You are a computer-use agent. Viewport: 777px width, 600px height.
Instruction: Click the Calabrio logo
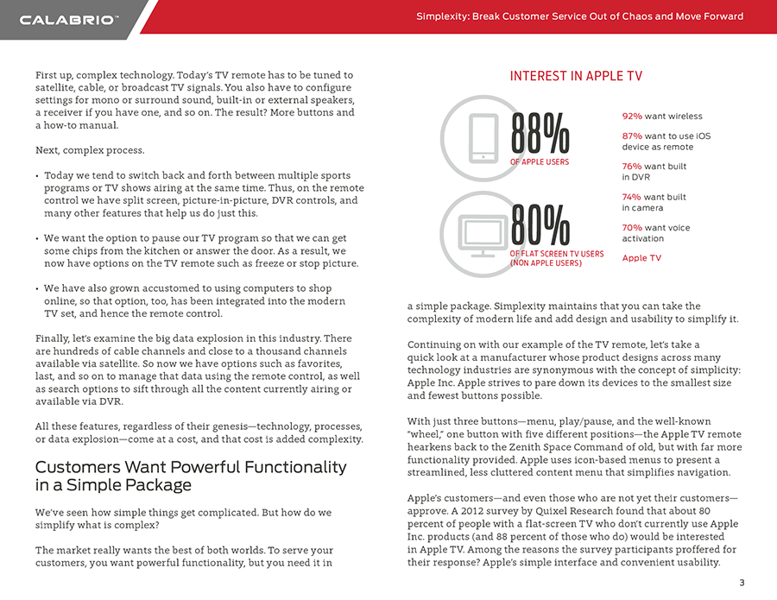68,19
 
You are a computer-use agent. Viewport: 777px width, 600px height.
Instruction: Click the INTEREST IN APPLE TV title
576,76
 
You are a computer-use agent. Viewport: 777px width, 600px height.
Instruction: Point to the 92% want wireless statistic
662,116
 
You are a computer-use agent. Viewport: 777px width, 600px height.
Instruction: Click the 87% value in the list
632,136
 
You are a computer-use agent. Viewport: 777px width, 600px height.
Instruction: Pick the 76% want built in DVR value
632,167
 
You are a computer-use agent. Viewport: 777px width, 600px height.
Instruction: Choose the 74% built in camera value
632,197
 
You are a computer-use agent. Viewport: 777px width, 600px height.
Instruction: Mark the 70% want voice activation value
632,228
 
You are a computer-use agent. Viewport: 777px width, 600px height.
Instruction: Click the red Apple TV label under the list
641,258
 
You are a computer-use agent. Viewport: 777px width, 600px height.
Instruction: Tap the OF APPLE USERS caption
539,161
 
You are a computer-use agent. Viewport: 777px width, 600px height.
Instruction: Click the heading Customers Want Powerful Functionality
190,467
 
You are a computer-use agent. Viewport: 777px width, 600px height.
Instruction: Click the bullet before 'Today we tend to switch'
37,175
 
